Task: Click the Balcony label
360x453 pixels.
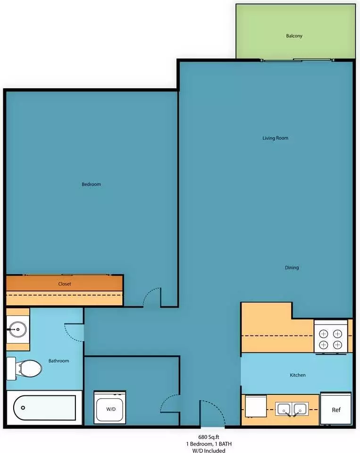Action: [x=294, y=36]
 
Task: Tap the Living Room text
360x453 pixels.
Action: [x=276, y=138]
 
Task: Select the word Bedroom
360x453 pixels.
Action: [x=92, y=185]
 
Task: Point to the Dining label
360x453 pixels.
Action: [x=292, y=268]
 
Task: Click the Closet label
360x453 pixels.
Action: [x=65, y=284]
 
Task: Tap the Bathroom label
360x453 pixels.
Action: [x=59, y=361]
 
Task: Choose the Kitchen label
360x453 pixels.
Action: [x=298, y=375]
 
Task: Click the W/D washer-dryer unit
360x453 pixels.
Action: [x=110, y=408]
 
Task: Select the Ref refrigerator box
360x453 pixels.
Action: [x=336, y=409]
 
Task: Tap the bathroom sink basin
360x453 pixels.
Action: [x=17, y=329]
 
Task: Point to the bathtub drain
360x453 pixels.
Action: [x=23, y=408]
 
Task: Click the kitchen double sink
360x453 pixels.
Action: [x=292, y=409]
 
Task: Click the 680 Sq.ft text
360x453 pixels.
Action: [x=209, y=437]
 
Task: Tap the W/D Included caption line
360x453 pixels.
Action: [x=209, y=450]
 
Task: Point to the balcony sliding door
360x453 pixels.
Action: [x=298, y=60]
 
